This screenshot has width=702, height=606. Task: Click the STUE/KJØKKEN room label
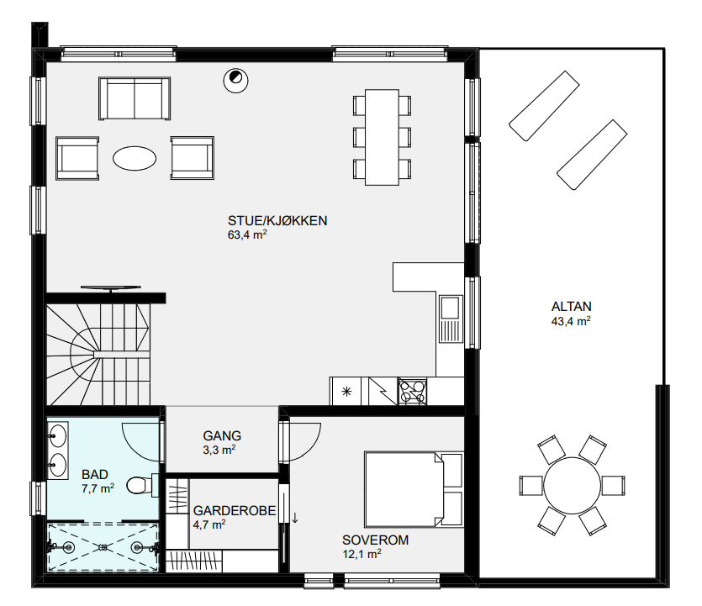pyautogui.click(x=277, y=221)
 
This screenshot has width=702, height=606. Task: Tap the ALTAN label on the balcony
pyautogui.click(x=572, y=307)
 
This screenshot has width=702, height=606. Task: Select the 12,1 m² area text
pyautogui.click(x=362, y=554)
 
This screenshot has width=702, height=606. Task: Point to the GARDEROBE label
pyautogui.click(x=235, y=511)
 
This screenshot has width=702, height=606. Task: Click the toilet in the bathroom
pyautogui.click(x=142, y=485)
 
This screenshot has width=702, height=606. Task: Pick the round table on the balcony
pyautogui.click(x=572, y=486)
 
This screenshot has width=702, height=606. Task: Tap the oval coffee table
pyautogui.click(x=135, y=159)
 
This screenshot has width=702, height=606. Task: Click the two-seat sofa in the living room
pyautogui.click(x=135, y=98)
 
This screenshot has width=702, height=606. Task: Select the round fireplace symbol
pyautogui.click(x=235, y=81)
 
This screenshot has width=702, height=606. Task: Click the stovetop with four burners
pyautogui.click(x=412, y=391)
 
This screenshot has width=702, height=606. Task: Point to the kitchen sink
pyautogui.click(x=451, y=319)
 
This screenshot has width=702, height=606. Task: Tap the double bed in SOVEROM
pyautogui.click(x=414, y=490)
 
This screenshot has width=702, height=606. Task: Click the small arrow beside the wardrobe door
pyautogui.click(x=295, y=518)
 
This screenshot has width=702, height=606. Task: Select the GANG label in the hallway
pyautogui.click(x=222, y=436)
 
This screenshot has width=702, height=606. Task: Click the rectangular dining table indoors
pyautogui.click(x=382, y=137)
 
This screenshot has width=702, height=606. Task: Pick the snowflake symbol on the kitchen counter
pyautogui.click(x=346, y=392)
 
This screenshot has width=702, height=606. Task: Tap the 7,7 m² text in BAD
pyautogui.click(x=98, y=488)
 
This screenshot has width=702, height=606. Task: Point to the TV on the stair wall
pyautogui.click(x=111, y=288)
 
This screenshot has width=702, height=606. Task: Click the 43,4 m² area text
pyautogui.click(x=571, y=321)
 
